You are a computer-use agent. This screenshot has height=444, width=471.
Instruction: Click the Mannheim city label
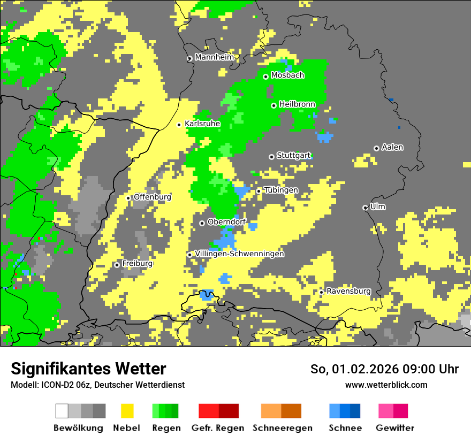pyautogui.click(x=214, y=57)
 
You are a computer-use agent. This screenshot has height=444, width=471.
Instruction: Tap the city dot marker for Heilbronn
pyautogui.click(x=274, y=105)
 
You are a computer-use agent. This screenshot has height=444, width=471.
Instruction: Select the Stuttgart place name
pyautogui.click(x=293, y=156)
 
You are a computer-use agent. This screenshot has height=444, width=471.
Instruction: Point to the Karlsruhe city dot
pyautogui.click(x=179, y=125)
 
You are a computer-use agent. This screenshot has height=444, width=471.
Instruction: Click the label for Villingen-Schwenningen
pyautogui.click(x=239, y=254)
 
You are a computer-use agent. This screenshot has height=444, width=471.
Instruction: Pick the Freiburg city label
pyautogui.click(x=137, y=264)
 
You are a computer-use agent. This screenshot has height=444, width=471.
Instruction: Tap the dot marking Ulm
pyautogui.click(x=365, y=208)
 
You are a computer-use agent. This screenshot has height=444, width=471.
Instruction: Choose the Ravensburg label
pyautogui.click(x=348, y=292)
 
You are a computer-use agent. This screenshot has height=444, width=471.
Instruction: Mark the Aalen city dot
pyautogui.click(x=376, y=148)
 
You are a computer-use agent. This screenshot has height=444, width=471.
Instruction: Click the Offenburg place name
pyautogui.click(x=152, y=197)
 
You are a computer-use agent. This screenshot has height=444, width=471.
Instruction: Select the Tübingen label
pyautogui.click(x=281, y=190)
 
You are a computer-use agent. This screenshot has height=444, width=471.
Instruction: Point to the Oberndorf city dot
pyautogui.click(x=202, y=223)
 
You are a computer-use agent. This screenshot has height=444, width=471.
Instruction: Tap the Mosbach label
pyautogui.click(x=287, y=75)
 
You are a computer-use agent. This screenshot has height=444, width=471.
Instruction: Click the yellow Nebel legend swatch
pyautogui.click(x=127, y=411)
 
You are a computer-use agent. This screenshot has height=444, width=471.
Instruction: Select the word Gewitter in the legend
pyautogui.click(x=395, y=428)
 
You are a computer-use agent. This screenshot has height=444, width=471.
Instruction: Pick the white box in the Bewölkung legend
pyautogui.click(x=62, y=411)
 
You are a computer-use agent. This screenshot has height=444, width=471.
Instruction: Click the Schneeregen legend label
pyautogui.click(x=283, y=428)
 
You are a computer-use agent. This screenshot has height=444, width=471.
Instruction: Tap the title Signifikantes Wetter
pyautogui.click(x=88, y=369)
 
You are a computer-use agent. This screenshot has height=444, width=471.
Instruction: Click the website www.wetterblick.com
pyautogui.click(x=386, y=385)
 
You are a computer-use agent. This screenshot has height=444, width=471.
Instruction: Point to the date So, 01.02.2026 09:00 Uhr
pyautogui.click(x=384, y=369)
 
